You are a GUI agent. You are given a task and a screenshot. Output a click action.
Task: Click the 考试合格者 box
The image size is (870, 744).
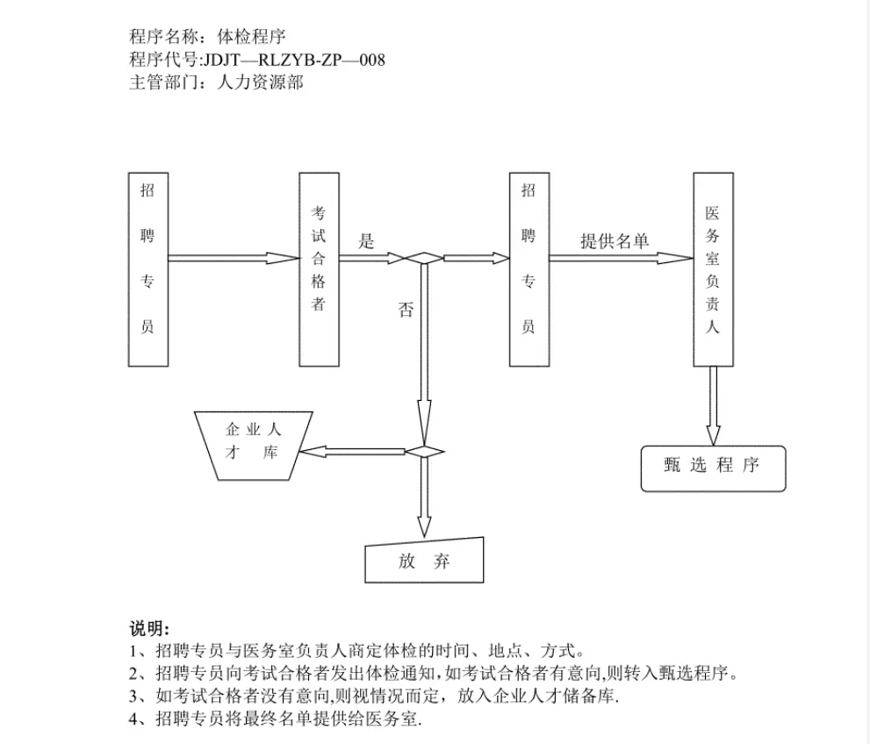[x=319, y=269]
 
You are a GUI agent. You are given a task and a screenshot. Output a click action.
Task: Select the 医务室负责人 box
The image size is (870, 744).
[x=713, y=269]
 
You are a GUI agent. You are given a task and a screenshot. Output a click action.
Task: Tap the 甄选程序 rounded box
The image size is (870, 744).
[x=714, y=469]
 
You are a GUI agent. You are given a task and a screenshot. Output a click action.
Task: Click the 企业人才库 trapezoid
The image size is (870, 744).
[x=254, y=446]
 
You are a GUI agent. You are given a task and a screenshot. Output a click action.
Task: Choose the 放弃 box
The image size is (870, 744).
[x=424, y=561]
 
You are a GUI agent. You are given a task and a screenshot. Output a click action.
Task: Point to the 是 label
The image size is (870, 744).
[x=366, y=241]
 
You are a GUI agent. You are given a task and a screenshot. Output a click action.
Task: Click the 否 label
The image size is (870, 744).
[x=406, y=310]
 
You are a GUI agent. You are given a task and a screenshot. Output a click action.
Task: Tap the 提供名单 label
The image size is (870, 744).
[x=615, y=240]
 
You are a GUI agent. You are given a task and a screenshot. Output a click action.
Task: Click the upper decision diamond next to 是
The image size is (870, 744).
[x=424, y=258]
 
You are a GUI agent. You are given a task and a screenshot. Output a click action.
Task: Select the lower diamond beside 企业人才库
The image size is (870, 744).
[x=424, y=452]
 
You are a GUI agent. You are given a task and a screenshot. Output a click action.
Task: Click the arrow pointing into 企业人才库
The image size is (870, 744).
[x=352, y=452]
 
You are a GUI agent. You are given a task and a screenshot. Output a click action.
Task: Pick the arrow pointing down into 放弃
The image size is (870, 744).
[x=424, y=497]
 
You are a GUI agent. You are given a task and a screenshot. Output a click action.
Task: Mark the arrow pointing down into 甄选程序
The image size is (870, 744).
[x=714, y=406]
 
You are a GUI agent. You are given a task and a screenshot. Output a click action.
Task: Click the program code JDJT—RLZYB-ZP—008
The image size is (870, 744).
[x=294, y=60]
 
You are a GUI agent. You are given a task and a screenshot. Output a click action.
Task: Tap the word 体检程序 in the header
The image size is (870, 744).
[x=251, y=37]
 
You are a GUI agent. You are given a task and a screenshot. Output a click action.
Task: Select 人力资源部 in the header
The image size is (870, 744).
[x=260, y=82]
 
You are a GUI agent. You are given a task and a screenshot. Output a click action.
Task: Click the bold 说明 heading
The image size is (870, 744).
[x=147, y=628]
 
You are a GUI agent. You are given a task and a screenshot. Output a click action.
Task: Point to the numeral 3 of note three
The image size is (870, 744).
[x=133, y=697]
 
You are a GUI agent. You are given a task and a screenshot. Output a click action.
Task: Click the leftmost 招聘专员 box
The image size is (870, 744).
[x=148, y=269]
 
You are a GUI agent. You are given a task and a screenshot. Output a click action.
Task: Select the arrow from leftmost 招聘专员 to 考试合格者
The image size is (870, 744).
[x=234, y=258]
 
